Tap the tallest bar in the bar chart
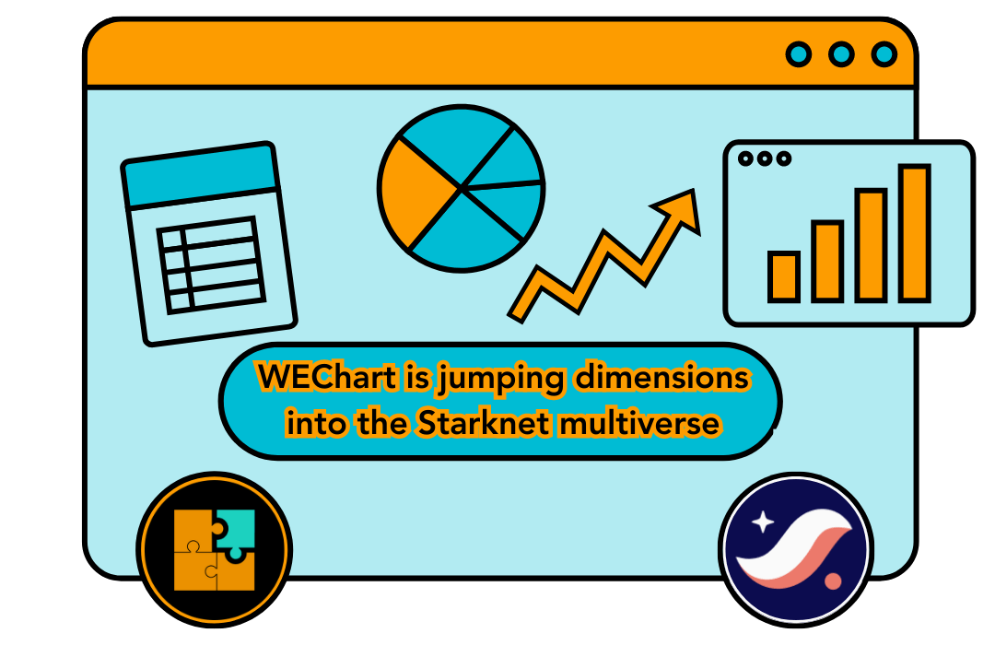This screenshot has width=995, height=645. click(914, 232)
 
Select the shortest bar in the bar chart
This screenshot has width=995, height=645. click(783, 276)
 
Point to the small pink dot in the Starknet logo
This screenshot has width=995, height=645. click(835, 581)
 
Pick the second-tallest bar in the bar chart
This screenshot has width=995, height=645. click(870, 244)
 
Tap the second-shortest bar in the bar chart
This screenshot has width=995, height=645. click(826, 261)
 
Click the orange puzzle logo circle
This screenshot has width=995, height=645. click(214, 549)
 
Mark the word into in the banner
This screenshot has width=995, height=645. click(313, 425)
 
